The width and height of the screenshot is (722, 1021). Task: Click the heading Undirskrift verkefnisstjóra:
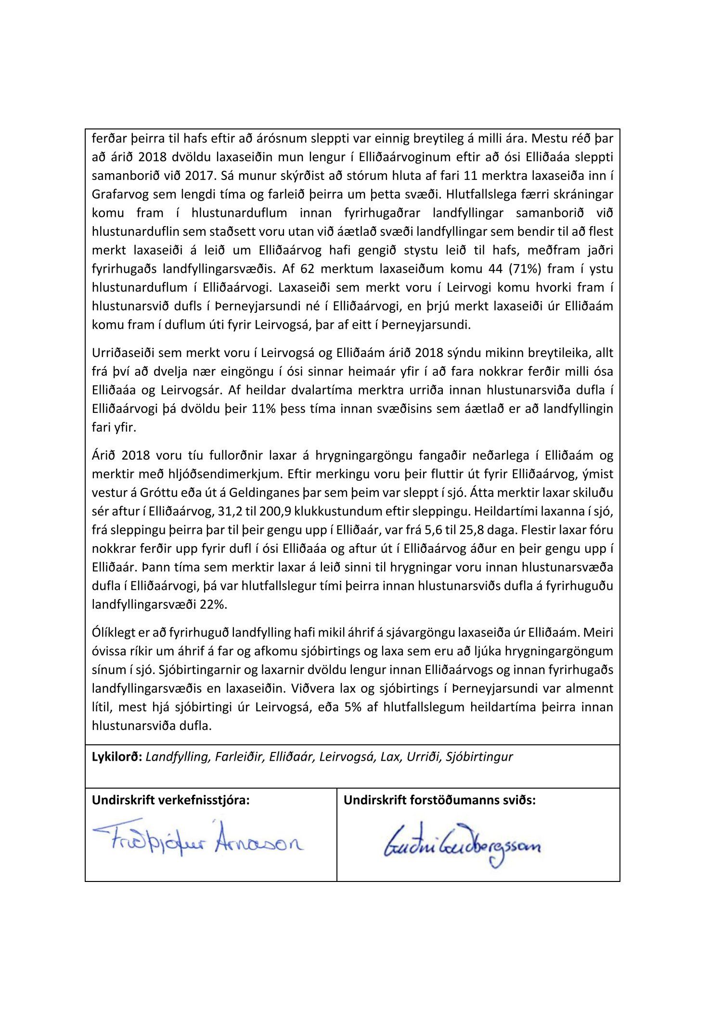tap(171, 800)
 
